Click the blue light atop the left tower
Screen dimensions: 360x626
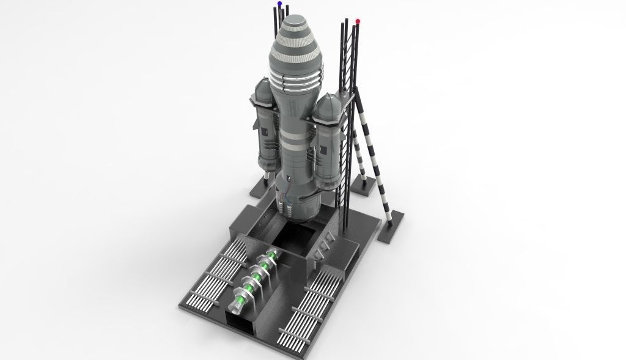(x=279, y=4)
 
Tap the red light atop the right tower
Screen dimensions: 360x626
(x=357, y=21)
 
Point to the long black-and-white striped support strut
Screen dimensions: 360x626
(x=376, y=153)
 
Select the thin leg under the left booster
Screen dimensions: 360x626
(x=265, y=178)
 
